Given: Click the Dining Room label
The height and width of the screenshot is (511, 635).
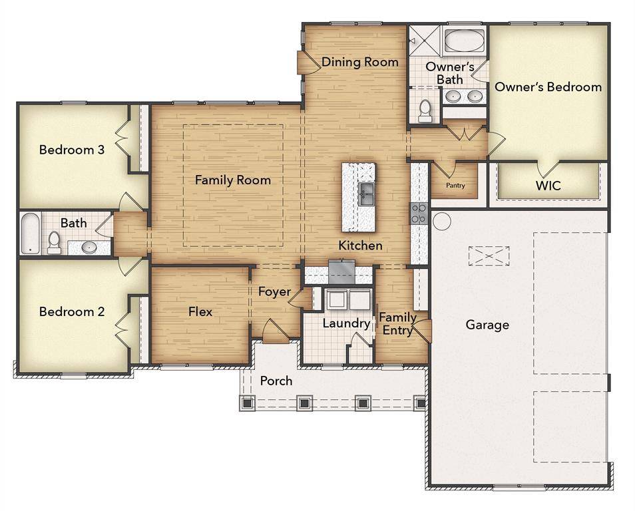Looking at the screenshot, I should [x=360, y=63].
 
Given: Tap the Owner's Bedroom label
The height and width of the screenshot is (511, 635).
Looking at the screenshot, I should [x=548, y=86].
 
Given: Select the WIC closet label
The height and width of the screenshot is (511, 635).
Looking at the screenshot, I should [x=548, y=186].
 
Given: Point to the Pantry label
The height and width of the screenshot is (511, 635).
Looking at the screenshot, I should [x=455, y=186].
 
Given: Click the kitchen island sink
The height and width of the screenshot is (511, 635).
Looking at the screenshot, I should [x=366, y=194].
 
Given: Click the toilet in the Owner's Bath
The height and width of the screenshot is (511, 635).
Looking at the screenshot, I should [x=425, y=111].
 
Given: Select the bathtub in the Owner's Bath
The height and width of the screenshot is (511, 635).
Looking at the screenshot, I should [x=463, y=41].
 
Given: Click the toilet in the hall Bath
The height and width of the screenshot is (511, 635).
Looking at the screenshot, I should [x=54, y=244].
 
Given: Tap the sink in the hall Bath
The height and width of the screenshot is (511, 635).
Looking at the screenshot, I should [x=89, y=248].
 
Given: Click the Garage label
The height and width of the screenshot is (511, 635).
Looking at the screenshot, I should [x=487, y=325].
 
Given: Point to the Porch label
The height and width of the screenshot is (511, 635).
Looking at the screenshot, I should [x=276, y=381].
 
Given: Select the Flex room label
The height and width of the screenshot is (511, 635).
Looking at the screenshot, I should [x=200, y=311].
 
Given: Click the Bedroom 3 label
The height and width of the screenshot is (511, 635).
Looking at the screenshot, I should [x=72, y=150].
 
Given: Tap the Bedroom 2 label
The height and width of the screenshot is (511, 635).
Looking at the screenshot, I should [x=72, y=311].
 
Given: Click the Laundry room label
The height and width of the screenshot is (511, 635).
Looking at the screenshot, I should [x=346, y=323].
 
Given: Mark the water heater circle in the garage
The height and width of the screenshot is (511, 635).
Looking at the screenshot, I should [x=442, y=221].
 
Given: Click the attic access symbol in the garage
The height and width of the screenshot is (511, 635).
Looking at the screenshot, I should [x=489, y=255].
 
